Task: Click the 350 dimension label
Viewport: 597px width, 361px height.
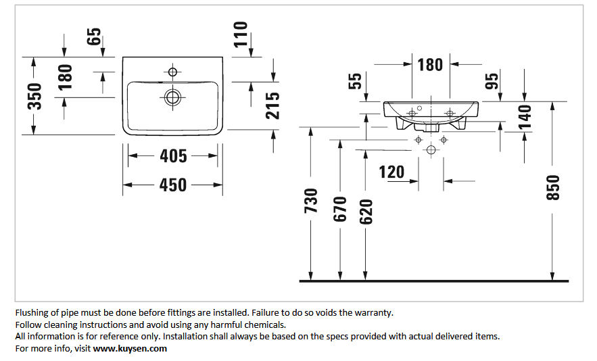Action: coord(34,96)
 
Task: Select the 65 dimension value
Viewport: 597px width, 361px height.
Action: coord(94,37)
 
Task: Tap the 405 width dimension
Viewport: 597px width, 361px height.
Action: coord(173,156)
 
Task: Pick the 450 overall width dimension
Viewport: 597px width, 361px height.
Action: coord(173,185)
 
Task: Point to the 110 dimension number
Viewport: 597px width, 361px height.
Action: coord(241,34)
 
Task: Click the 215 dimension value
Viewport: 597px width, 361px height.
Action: coord(272,105)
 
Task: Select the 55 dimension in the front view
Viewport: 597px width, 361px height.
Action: coord(355,81)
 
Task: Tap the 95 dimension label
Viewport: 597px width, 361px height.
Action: coord(492,81)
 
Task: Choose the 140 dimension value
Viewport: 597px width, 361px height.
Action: coord(525,117)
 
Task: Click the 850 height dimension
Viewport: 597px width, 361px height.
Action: coord(553,187)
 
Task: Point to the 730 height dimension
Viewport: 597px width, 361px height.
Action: coord(311,201)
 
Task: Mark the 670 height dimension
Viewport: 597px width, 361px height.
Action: coord(340,209)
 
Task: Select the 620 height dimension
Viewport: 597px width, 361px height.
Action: coord(366,212)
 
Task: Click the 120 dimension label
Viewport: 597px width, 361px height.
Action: coord(391,172)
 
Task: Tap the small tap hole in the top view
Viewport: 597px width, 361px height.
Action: coord(173,72)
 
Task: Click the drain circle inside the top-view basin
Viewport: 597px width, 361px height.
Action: coord(173,97)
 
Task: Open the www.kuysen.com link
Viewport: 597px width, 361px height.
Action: coord(130,348)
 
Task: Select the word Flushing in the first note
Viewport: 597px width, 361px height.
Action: coord(32,312)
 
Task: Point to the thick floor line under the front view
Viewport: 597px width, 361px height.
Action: coord(434,281)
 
